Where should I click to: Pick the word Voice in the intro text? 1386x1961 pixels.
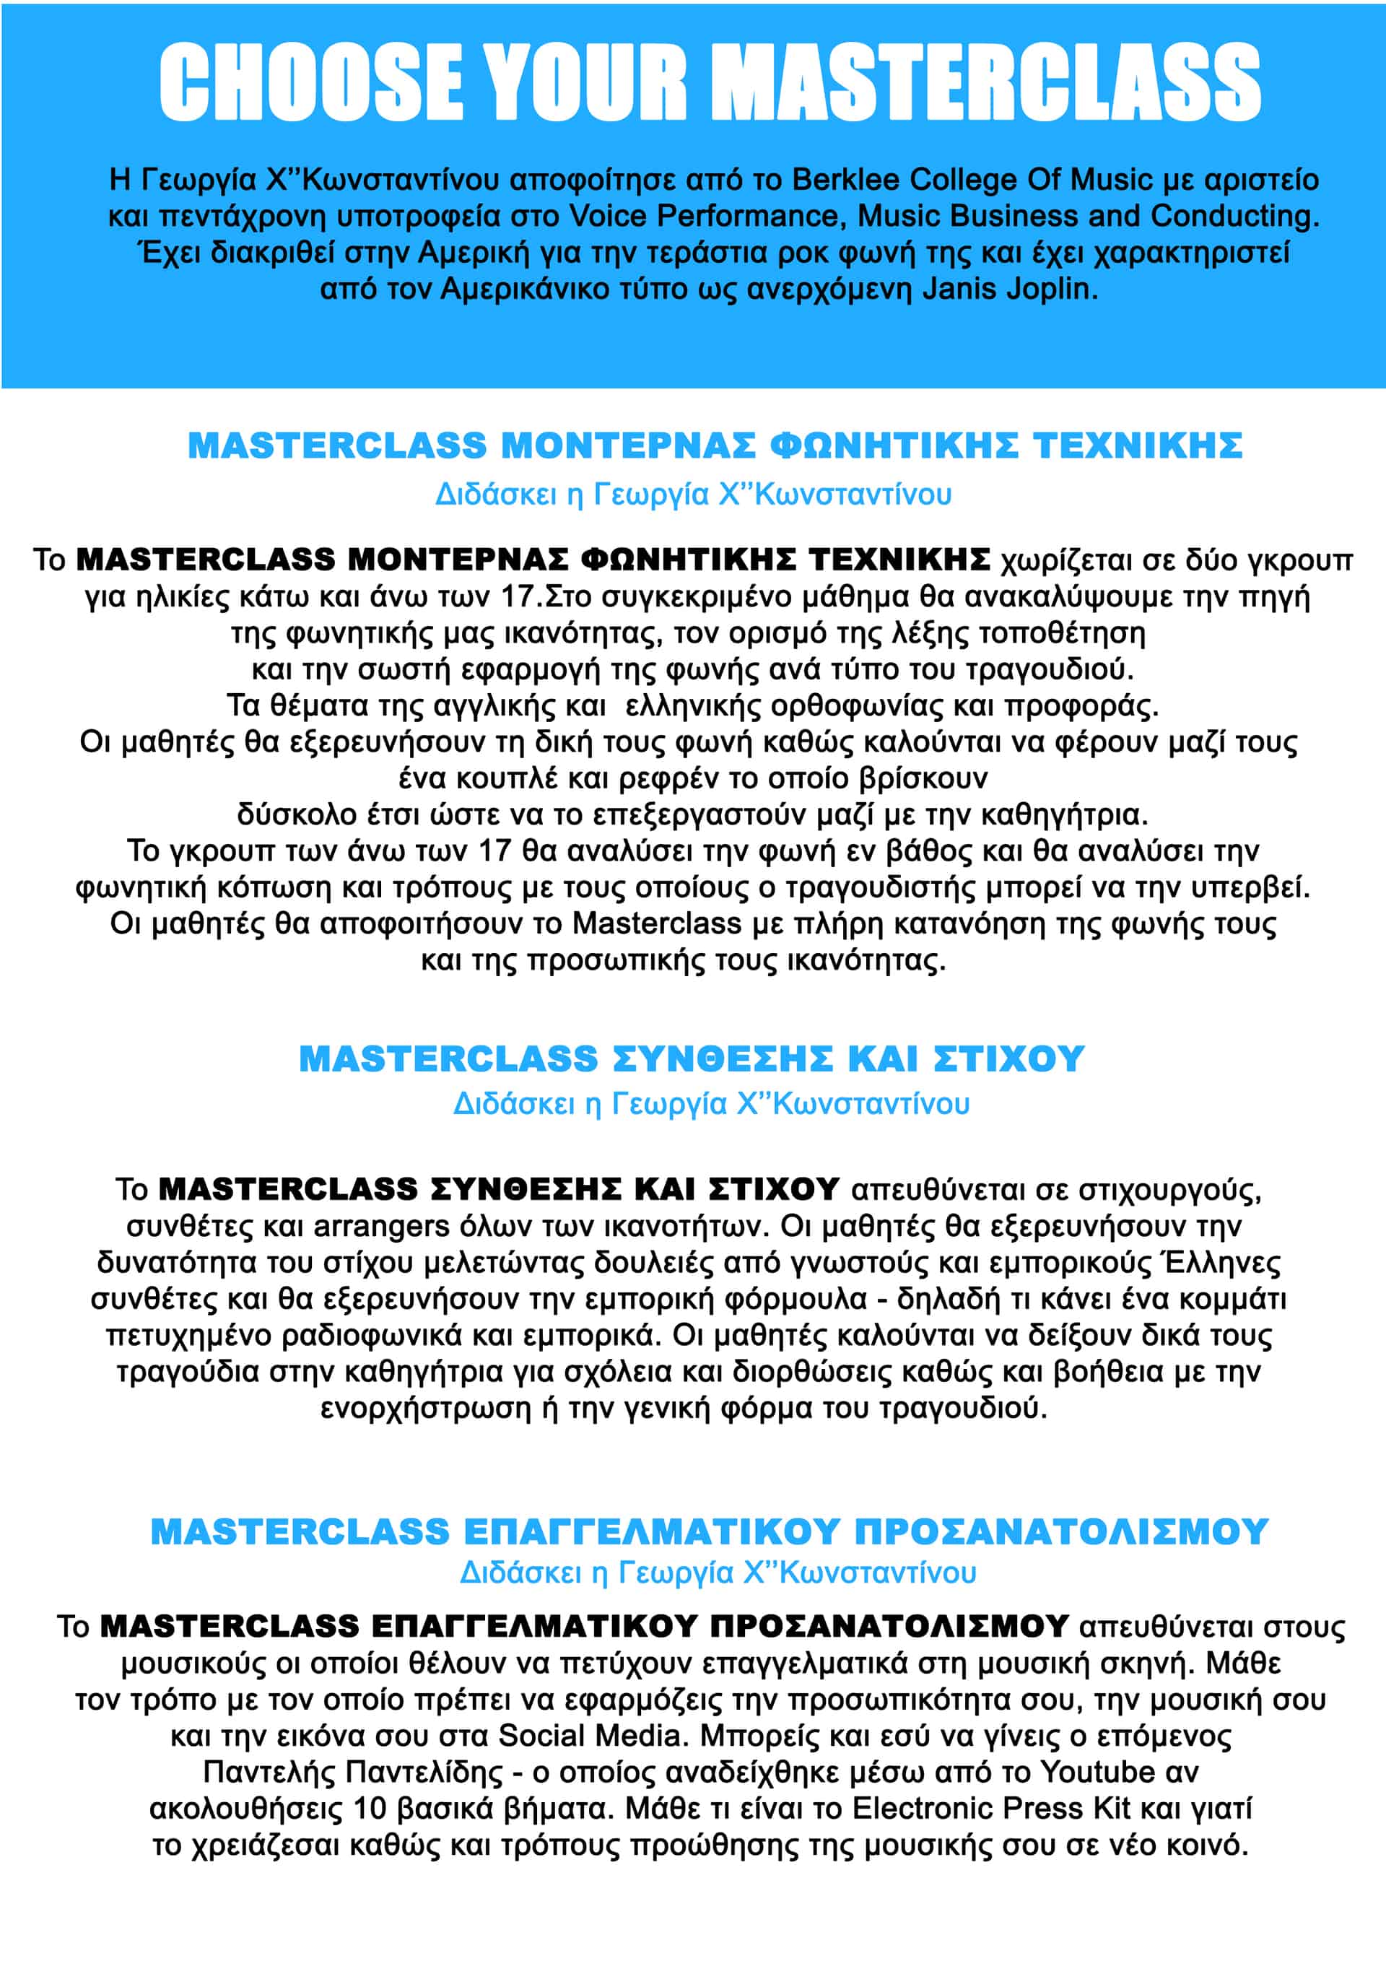[x=607, y=216]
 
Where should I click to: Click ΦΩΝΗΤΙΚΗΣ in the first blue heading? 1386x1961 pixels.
[x=893, y=445]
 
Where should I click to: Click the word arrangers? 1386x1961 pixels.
[x=381, y=1227]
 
